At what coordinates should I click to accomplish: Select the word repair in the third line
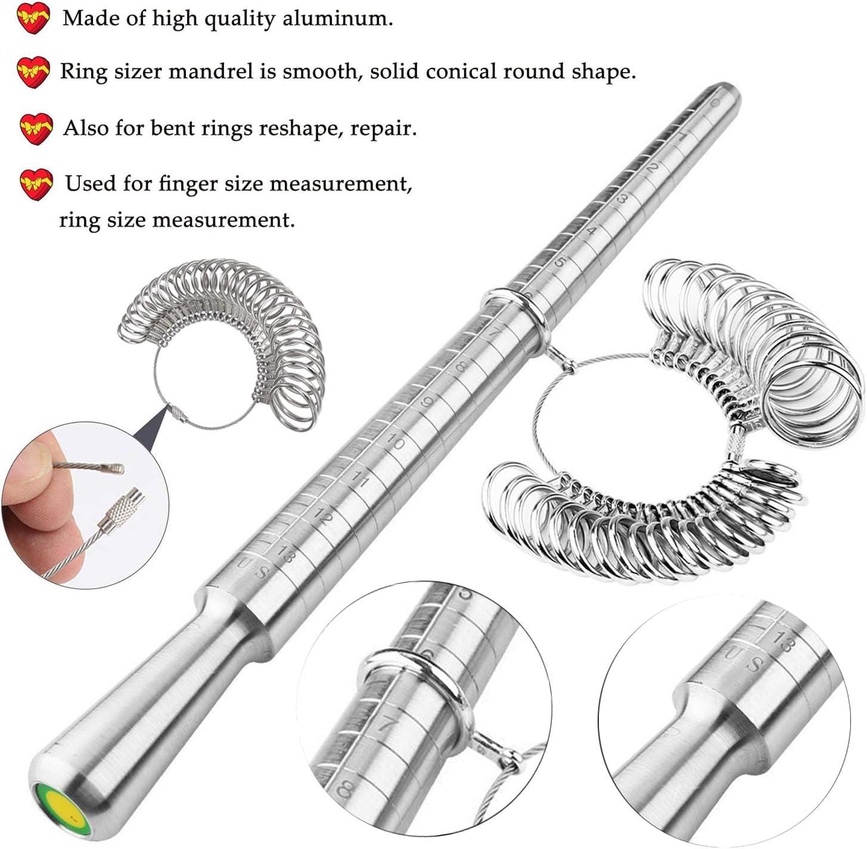pos(383,128)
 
